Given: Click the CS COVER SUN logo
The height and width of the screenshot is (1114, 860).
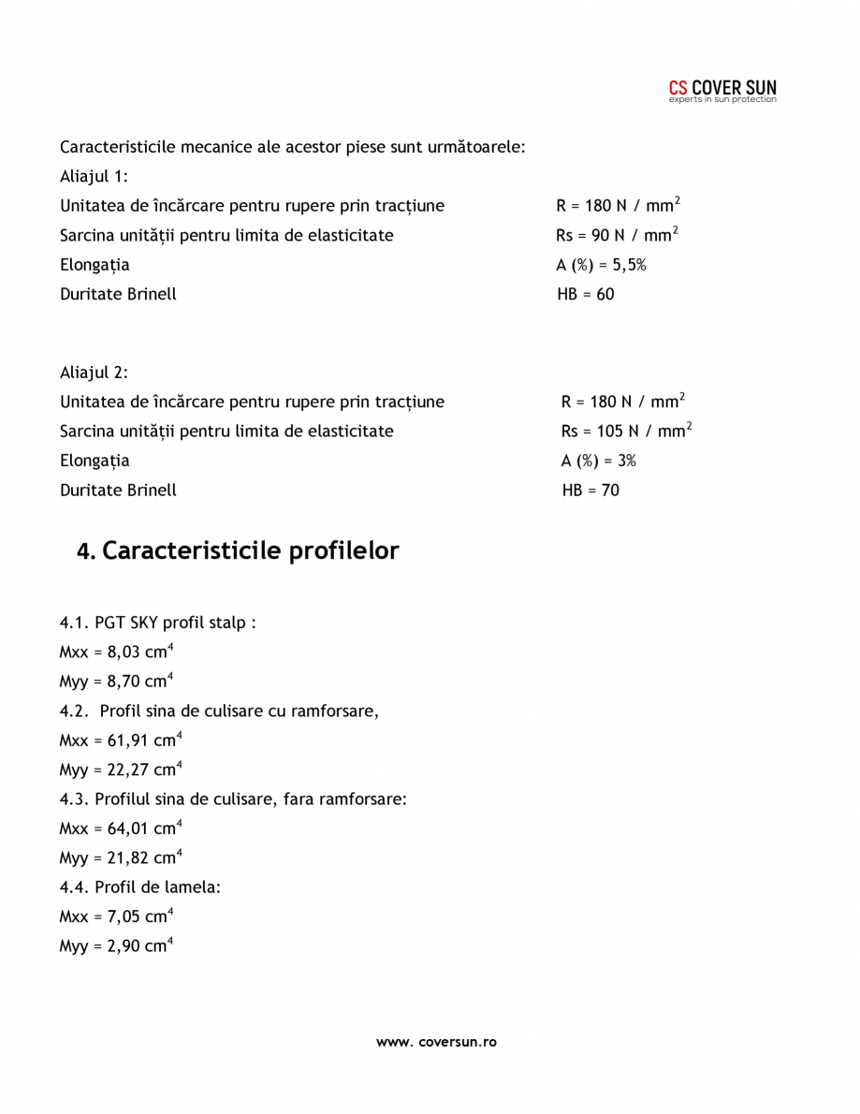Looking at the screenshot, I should (x=722, y=91).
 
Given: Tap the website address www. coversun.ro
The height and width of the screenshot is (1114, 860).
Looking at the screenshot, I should (x=436, y=1041).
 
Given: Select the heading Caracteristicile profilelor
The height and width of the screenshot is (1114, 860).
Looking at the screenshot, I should (x=238, y=551).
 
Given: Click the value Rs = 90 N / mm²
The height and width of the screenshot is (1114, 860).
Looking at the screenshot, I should (x=617, y=235).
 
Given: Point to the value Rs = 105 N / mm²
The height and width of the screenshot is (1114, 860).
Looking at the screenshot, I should (x=626, y=431).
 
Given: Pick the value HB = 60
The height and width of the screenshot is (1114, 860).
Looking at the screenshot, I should (x=586, y=294).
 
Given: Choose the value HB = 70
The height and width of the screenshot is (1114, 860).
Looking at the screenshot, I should (x=590, y=490).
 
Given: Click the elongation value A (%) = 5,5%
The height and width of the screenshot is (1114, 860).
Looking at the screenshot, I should (x=601, y=265).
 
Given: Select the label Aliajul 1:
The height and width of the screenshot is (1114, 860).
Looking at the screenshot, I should (x=94, y=176).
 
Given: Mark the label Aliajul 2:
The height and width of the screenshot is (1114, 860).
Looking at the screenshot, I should (x=94, y=372).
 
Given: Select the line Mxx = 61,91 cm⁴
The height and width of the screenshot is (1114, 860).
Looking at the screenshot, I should (x=120, y=740).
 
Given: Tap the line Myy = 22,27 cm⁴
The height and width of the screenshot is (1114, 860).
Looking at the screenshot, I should (x=120, y=770).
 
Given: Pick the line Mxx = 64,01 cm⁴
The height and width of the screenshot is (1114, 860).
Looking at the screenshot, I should (x=120, y=828).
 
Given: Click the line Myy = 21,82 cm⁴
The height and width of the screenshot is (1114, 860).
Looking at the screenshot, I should (x=120, y=857).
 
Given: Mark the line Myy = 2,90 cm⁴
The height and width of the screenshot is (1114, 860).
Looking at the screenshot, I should (x=115, y=946).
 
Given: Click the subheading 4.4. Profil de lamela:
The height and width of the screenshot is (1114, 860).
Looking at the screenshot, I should (x=140, y=887).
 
